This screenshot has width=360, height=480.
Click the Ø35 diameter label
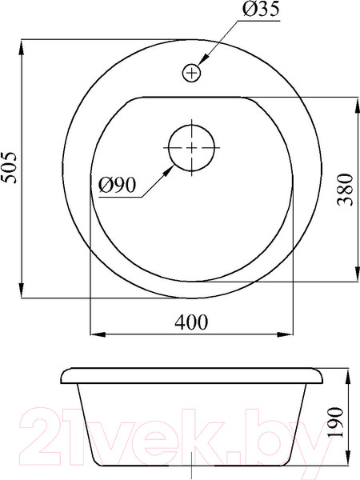coord(261,9)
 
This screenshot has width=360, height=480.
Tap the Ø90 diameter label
coord(117,186)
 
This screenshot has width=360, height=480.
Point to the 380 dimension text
coord(345,189)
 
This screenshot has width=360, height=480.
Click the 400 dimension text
coord(191,322)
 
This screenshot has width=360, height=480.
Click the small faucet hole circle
coord(191,73)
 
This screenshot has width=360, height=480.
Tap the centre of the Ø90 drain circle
coord(192,148)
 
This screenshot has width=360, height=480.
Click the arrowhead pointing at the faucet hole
coord(203,60)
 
